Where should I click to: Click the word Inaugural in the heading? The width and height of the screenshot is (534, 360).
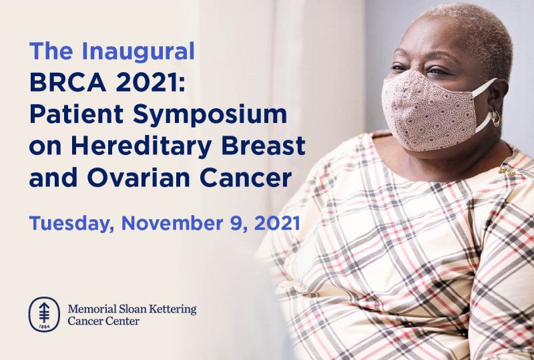click(x=138, y=51)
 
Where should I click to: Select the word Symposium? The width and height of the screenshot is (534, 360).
click(x=210, y=116)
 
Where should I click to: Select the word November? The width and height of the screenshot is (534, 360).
click(x=172, y=223)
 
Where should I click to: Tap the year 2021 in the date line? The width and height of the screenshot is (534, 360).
click(x=277, y=223)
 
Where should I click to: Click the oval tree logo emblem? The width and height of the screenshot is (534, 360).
click(x=44, y=314)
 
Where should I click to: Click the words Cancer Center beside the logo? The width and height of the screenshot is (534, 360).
click(x=103, y=321)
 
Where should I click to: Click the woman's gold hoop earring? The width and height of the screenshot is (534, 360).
click(x=495, y=118)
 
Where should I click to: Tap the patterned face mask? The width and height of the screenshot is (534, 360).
click(x=431, y=111)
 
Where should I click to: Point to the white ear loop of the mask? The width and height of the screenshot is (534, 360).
click(x=485, y=104)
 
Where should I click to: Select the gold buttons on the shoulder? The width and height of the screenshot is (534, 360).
click(x=506, y=171)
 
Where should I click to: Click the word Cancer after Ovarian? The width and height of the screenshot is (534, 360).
click(x=246, y=178)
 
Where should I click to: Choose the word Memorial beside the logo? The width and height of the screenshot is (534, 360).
click(x=91, y=309)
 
